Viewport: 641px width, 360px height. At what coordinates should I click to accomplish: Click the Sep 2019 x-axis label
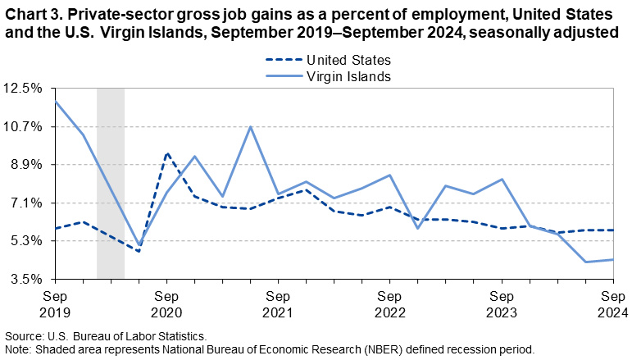pyautogui.click(x=55, y=304)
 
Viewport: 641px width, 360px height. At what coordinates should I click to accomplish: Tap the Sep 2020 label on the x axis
pyautogui.click(x=166, y=304)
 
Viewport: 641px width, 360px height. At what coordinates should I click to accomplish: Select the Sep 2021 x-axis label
pyautogui.click(x=278, y=304)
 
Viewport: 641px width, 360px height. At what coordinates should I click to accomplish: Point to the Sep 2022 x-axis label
pyautogui.click(x=389, y=304)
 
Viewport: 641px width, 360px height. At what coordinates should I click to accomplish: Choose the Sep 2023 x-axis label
pyautogui.click(x=501, y=304)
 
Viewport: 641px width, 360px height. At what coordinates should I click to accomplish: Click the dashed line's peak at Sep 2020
pyautogui.click(x=166, y=153)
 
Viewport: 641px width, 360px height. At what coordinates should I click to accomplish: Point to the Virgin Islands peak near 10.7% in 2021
pyautogui.click(x=250, y=126)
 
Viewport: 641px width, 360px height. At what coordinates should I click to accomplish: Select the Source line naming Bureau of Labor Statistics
pyautogui.click(x=106, y=336)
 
